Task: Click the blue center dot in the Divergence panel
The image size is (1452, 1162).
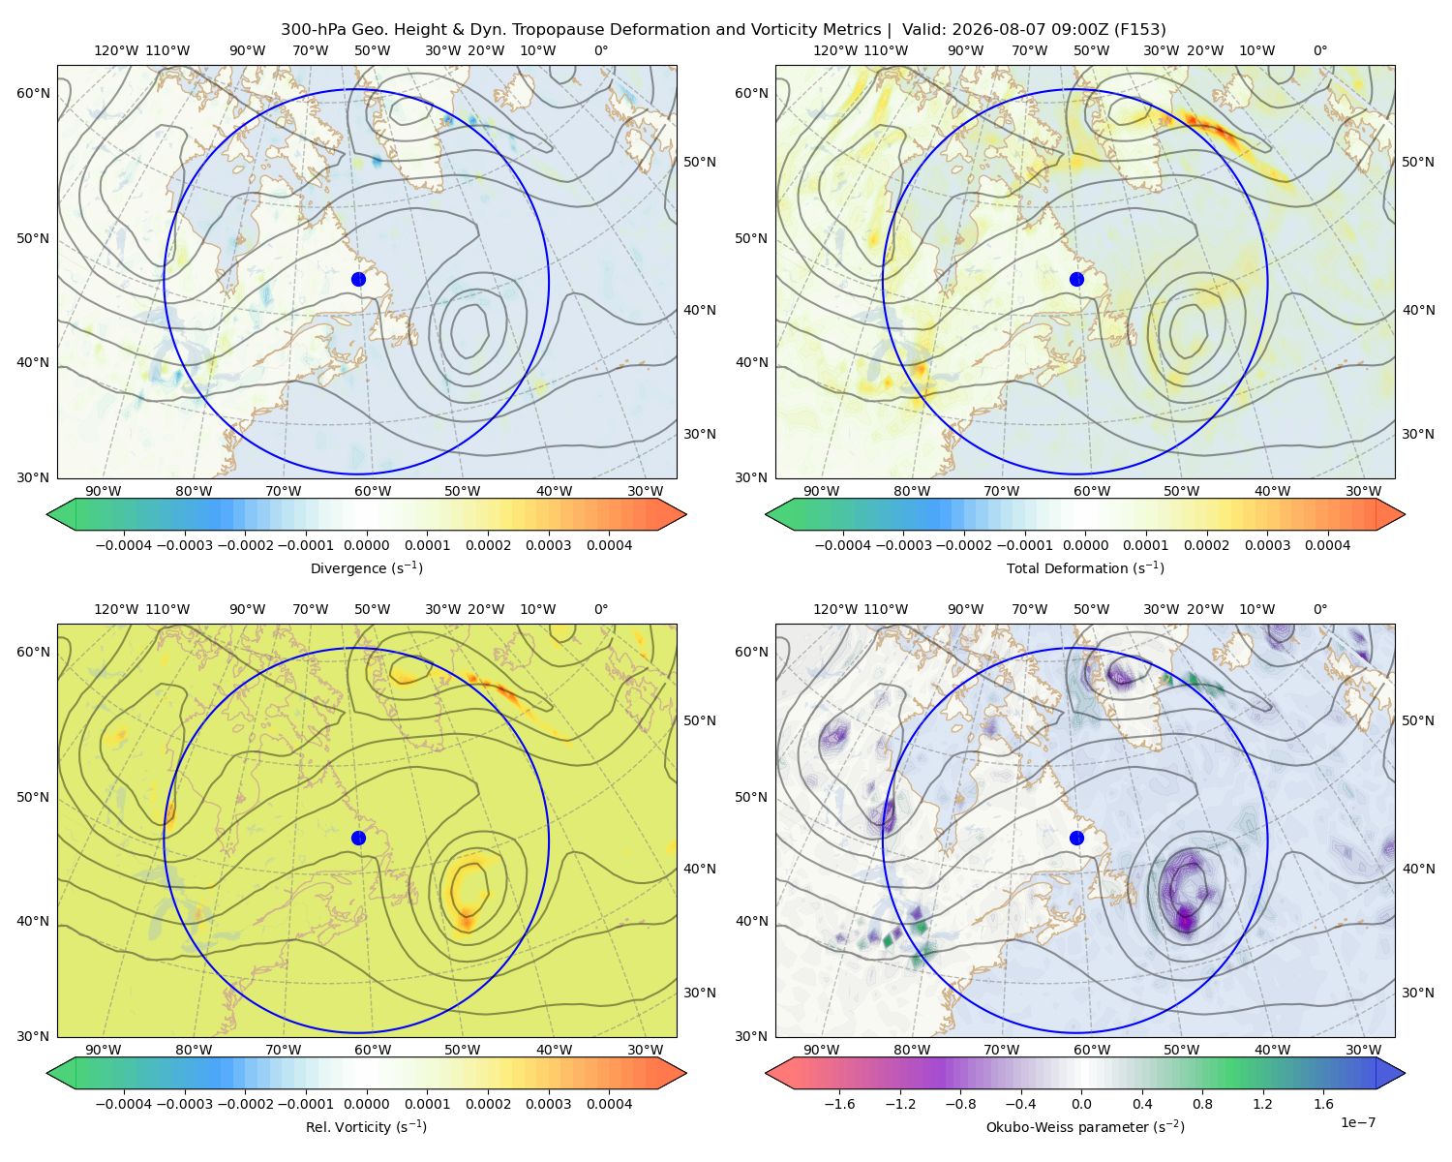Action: point(358,279)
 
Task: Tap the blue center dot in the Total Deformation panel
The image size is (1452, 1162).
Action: point(1076,279)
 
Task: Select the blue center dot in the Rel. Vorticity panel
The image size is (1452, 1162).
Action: point(358,838)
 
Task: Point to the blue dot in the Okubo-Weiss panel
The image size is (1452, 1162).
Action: point(1076,838)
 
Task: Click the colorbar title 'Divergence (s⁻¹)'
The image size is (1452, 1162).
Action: point(366,567)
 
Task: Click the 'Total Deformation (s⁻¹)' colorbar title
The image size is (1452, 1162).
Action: point(1085,567)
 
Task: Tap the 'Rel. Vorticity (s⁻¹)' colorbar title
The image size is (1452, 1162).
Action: point(366,1126)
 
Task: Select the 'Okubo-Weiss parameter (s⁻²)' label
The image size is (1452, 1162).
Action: point(1085,1126)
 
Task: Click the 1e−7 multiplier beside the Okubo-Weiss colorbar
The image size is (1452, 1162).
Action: point(1357,1122)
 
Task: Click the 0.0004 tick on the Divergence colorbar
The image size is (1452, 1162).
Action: point(609,545)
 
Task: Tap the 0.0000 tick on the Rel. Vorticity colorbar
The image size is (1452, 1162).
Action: point(366,1103)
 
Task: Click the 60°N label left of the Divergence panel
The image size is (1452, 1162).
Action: point(33,93)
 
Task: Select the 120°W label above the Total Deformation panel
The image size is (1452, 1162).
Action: point(834,50)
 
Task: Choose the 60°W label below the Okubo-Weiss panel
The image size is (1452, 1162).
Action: point(1091,1050)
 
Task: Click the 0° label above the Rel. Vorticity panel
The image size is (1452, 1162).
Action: point(601,609)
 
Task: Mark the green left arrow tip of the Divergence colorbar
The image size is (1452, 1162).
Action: point(47,514)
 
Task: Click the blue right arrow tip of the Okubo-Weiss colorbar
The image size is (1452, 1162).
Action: point(1405,1073)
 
